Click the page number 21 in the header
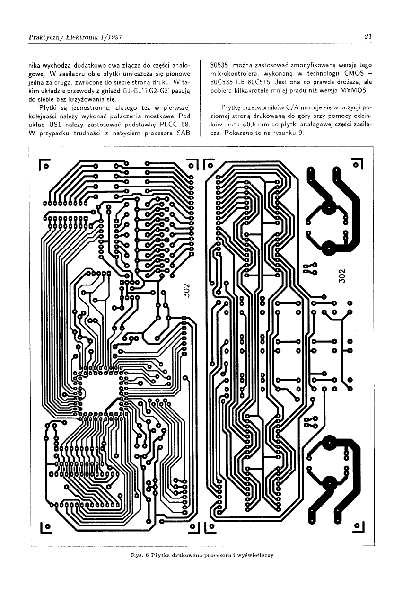(x=368, y=36)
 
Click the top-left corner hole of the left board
(x=46, y=166)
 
